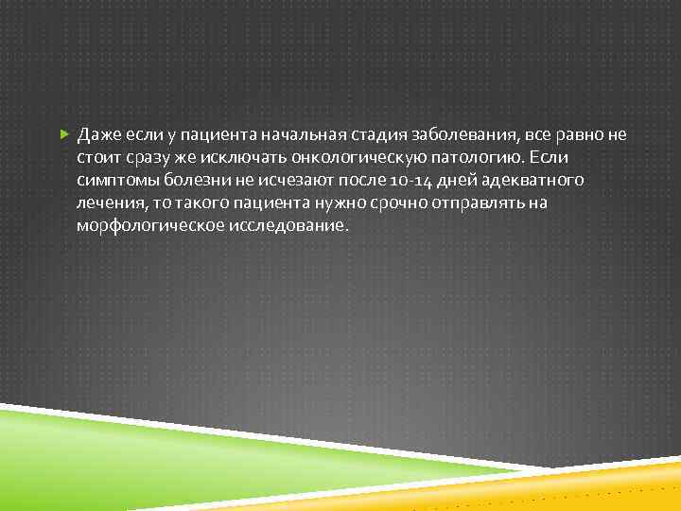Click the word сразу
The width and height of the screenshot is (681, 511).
tap(140, 156)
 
